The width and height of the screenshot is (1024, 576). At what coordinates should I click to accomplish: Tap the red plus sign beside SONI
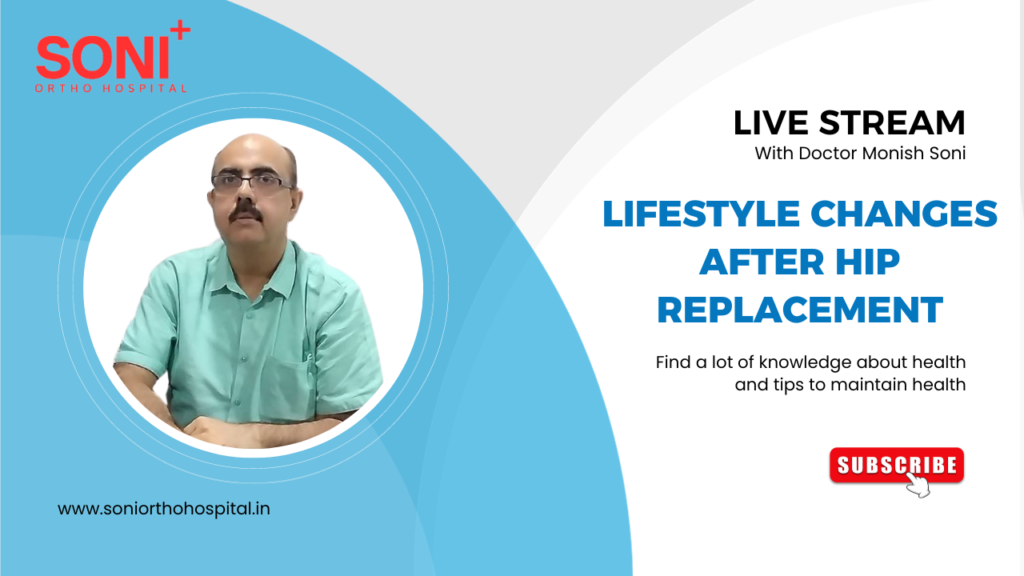[x=179, y=32]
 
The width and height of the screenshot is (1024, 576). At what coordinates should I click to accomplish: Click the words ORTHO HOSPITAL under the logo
[x=111, y=88]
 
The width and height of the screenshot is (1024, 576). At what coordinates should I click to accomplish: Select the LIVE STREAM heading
[x=849, y=122]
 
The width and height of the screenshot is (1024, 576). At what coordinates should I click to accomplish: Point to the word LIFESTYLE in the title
[x=687, y=213]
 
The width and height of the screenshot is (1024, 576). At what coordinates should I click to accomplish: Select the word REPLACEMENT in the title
[x=800, y=309]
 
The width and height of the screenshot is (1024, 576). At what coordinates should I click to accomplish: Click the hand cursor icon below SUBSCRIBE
[x=916, y=484]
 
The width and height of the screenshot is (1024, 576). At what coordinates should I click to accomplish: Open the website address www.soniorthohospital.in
[x=164, y=508]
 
